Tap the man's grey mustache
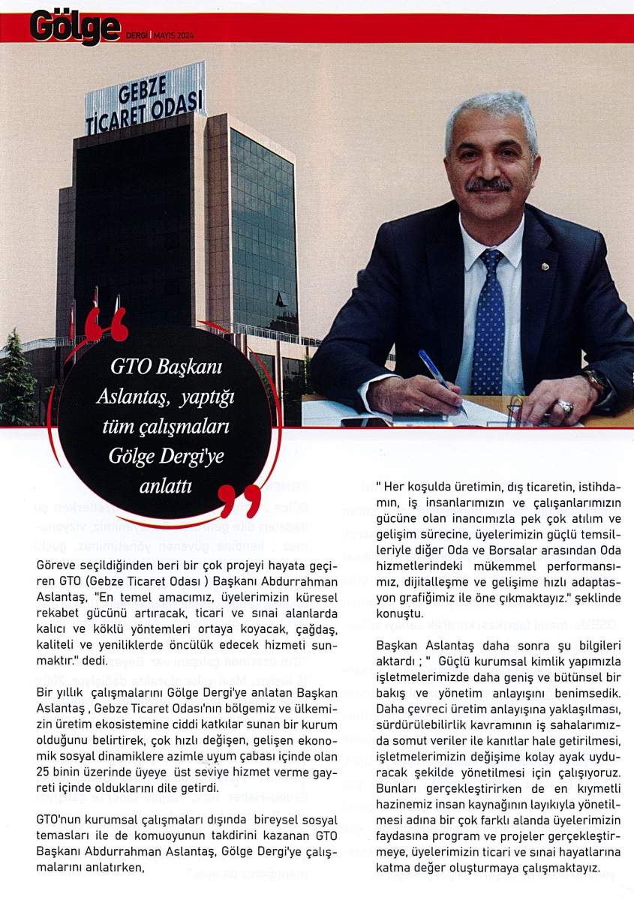(488, 183)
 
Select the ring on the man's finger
(565, 406)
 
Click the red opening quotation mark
(104, 323)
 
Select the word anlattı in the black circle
(166, 487)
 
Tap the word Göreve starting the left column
(57, 564)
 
